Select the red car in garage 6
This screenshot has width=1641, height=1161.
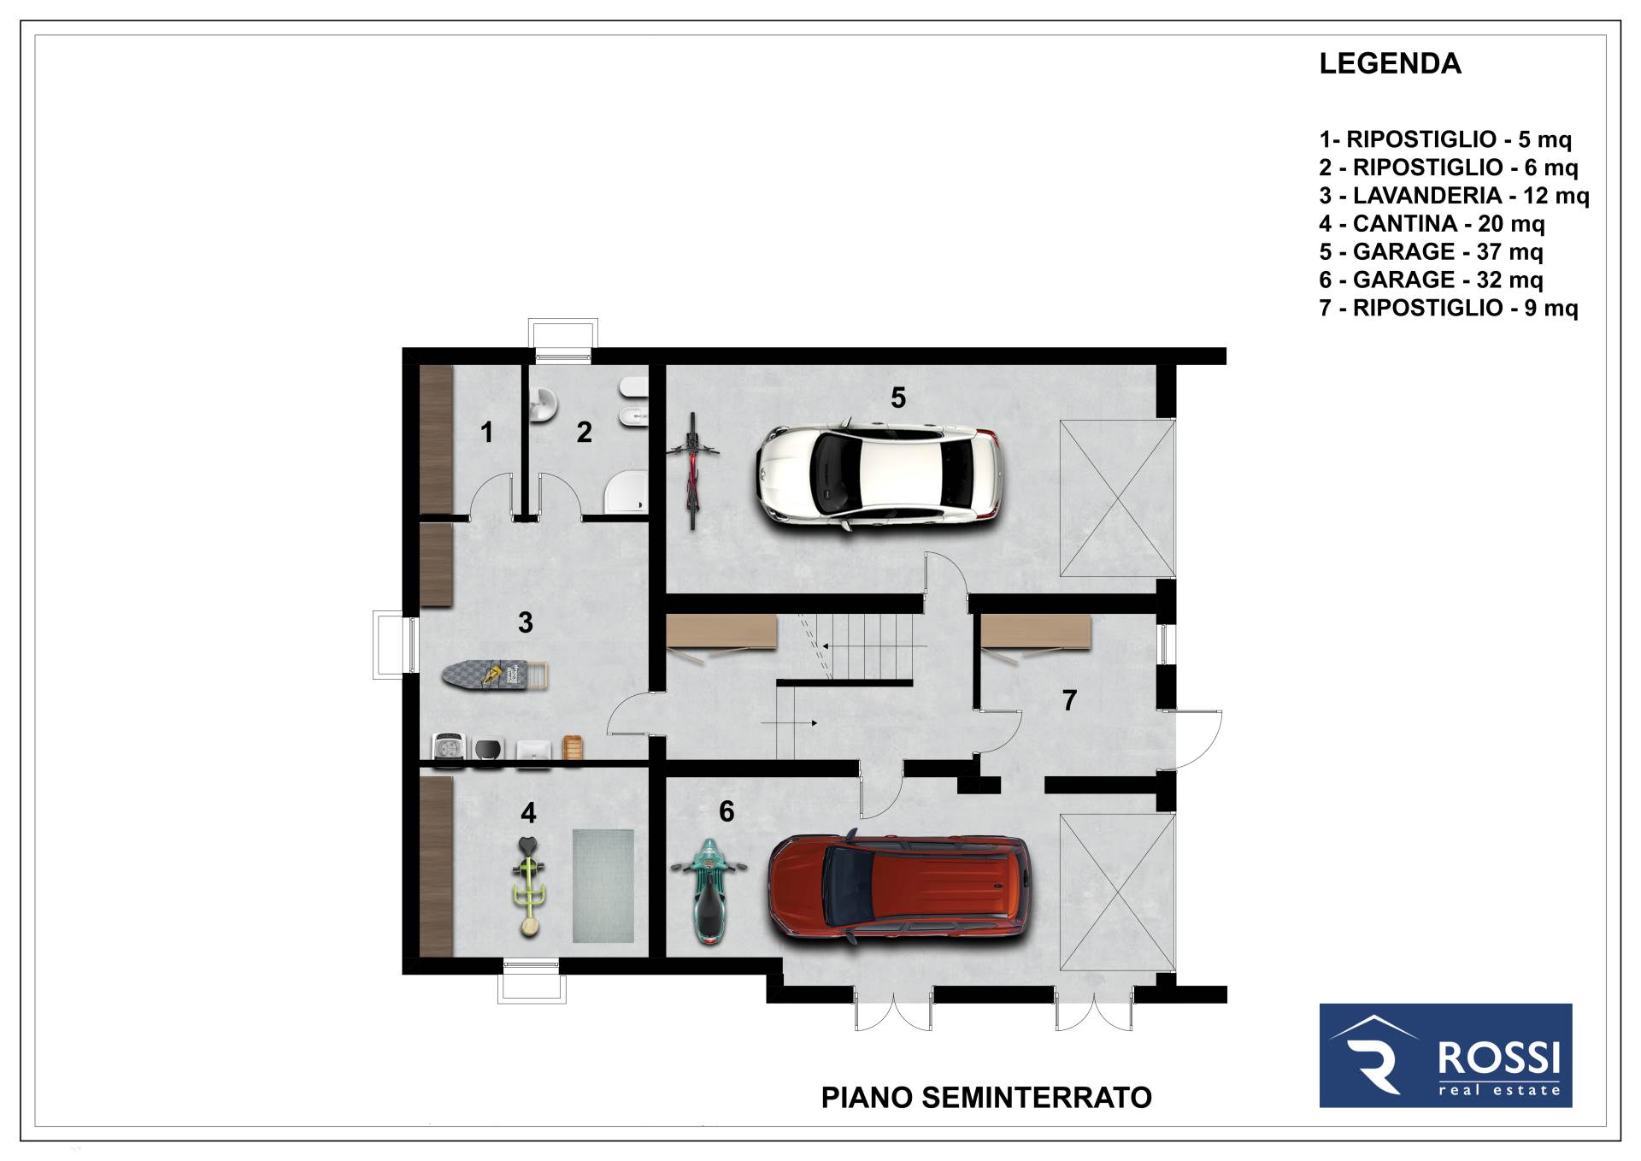click(900, 888)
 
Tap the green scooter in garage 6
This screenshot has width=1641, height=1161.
click(709, 890)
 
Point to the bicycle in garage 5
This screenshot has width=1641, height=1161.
click(692, 470)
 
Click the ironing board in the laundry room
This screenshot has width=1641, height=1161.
click(494, 675)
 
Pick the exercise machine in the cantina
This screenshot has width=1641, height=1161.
click(529, 886)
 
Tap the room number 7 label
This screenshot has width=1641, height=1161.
click(1069, 700)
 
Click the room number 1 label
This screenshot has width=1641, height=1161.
click(486, 432)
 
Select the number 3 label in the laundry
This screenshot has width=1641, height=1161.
click(526, 622)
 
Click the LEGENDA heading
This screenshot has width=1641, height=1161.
click(1390, 63)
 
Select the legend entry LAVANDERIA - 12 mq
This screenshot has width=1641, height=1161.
click(1454, 196)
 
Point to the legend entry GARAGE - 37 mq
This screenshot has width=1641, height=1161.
click(1431, 252)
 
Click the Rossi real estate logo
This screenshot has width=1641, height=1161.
click(1445, 1055)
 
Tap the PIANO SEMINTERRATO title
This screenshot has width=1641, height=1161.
click(986, 1098)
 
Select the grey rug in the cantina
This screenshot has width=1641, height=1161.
click(603, 886)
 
